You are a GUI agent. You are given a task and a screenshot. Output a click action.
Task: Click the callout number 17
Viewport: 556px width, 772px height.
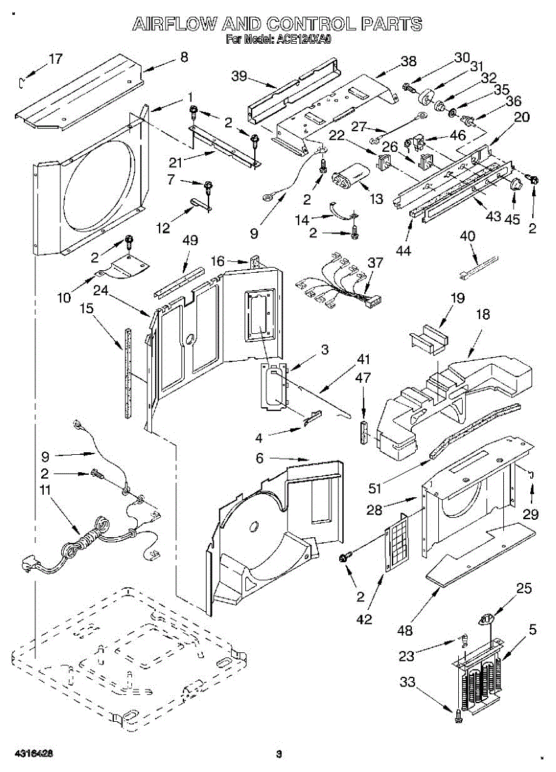56,59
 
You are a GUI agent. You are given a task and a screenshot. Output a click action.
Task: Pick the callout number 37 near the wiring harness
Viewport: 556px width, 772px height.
375,263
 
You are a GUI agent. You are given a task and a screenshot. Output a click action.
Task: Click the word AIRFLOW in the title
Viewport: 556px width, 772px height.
174,25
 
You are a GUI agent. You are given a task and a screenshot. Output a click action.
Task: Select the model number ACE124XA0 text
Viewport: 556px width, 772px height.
304,40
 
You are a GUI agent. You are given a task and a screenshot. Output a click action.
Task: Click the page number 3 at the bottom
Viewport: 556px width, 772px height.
279,754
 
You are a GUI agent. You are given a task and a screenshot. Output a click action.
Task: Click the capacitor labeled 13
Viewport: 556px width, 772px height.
350,174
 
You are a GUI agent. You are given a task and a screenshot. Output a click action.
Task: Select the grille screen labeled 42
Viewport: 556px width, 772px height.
398,544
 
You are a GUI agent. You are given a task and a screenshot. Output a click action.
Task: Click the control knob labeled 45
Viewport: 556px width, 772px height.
515,185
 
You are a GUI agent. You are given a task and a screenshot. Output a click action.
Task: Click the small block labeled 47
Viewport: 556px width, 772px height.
364,433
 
